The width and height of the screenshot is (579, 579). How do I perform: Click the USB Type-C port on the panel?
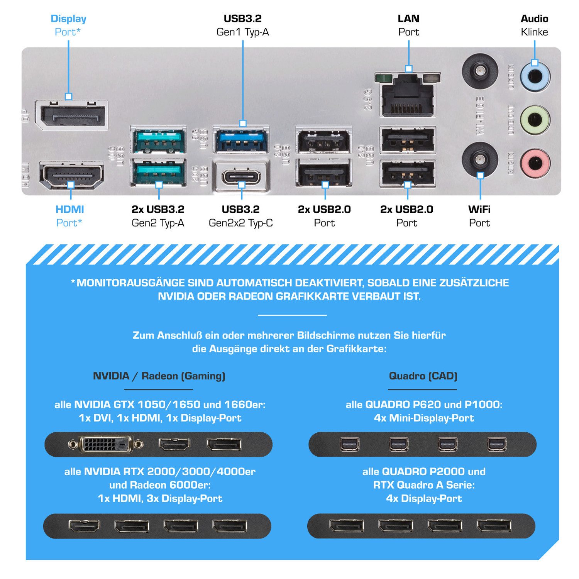241,176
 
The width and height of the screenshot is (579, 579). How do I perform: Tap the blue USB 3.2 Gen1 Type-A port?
241,140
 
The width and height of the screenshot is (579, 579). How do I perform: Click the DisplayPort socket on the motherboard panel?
72,115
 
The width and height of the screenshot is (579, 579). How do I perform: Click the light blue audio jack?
535,76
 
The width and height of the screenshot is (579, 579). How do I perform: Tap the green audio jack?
535,120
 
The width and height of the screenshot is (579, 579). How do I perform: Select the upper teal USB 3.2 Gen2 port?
158,141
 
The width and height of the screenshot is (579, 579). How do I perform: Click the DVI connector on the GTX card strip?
105,444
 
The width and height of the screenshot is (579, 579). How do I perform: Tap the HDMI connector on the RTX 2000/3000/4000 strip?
84,526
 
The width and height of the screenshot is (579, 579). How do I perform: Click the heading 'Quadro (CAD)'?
423,376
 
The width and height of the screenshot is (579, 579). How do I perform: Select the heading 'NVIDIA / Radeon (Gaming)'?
159,376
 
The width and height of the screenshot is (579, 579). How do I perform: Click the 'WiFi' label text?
479,210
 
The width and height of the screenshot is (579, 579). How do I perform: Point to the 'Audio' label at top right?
534,19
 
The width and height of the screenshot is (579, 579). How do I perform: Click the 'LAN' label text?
408,19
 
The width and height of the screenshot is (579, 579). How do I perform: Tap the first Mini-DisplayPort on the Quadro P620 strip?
350,444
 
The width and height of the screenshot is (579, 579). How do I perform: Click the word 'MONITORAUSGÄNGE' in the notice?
130,283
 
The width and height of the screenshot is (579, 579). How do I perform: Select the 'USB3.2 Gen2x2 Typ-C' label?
241,216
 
